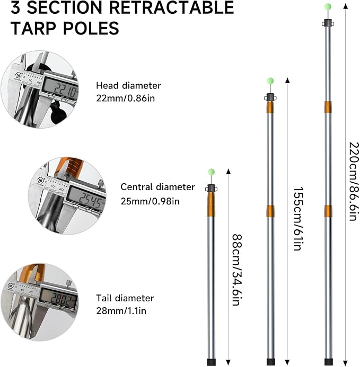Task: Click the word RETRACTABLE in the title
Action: tap(172, 8)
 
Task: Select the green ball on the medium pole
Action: tap(270, 81)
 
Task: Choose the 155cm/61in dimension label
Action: tap(297, 219)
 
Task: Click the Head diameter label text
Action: tap(128, 85)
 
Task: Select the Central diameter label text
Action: tap(157, 187)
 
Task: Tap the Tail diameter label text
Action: tap(125, 298)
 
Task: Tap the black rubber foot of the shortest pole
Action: tap(211, 362)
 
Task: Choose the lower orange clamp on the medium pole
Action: tap(271, 210)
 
